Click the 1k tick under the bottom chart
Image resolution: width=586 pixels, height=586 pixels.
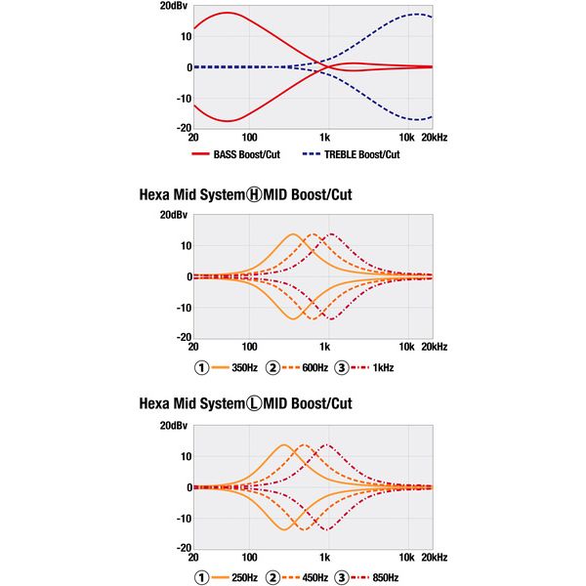pos(325,557)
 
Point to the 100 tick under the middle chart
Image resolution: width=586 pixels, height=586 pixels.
pos(250,347)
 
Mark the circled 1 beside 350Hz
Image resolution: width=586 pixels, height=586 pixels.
pos(202,368)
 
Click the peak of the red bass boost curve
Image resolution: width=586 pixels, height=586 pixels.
pos(228,13)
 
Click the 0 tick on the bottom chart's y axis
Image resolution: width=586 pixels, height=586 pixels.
pos(186,486)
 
